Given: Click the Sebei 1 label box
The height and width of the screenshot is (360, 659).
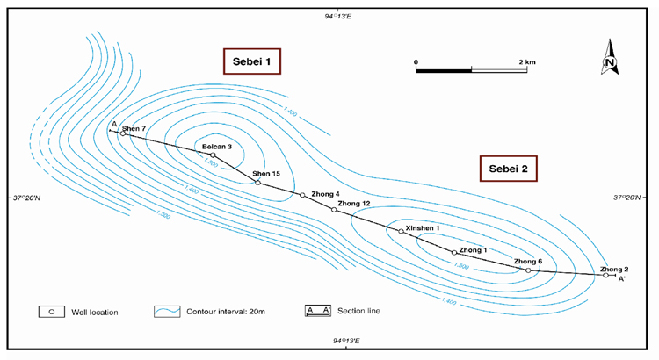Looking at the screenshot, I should click(x=250, y=61).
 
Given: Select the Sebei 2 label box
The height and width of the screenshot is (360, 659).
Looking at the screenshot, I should click(x=508, y=168).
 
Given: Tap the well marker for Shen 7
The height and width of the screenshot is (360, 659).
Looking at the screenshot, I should click(x=122, y=133).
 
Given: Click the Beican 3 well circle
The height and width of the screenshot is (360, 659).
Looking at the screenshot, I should click(x=213, y=155).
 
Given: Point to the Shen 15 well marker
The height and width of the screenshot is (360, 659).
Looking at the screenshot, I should click(x=257, y=182).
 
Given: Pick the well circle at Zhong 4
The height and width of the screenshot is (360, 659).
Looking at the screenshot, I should click(x=302, y=195).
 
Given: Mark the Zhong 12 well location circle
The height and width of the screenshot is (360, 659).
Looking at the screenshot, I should click(x=334, y=210).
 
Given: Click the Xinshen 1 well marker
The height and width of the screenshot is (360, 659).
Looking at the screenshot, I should click(x=401, y=231).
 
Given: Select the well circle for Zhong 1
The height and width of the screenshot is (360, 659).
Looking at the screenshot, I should click(x=454, y=252).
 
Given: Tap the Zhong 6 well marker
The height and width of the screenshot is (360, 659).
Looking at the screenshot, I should click(x=528, y=270).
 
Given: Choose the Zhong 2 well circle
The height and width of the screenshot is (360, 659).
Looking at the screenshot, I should click(x=605, y=276).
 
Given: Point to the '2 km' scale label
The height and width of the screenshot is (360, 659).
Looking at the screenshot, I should click(x=526, y=61).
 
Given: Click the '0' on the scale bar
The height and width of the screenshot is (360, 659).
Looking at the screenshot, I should click(x=416, y=61).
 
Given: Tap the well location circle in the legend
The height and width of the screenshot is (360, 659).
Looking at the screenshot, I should click(x=52, y=312).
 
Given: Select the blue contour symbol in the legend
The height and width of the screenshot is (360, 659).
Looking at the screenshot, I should click(x=168, y=312).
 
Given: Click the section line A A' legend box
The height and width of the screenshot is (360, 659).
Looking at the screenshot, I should click(x=318, y=312).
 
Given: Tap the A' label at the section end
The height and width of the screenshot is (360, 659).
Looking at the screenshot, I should click(x=622, y=280).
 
